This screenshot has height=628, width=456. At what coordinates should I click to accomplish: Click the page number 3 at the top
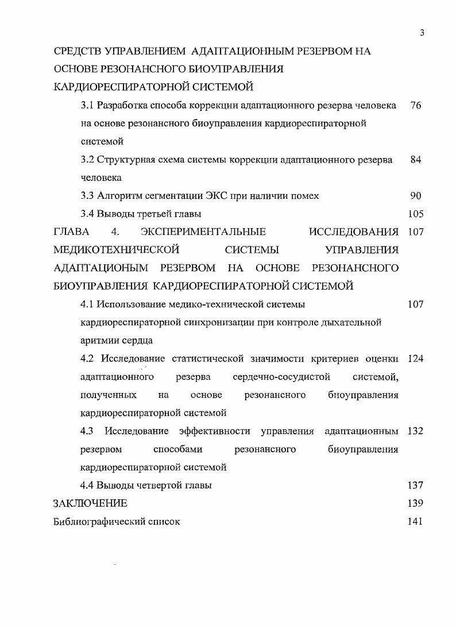coord(422,32)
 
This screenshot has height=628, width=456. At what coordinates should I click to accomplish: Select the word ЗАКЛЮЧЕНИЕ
coord(90,503)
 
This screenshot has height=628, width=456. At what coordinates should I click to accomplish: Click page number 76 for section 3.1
coord(416,106)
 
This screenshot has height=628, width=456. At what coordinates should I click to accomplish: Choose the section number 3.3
coord(87,196)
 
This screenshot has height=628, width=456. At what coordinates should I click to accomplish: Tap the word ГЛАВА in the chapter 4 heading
coord(71,232)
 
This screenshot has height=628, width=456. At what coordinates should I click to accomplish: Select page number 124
coord(415,359)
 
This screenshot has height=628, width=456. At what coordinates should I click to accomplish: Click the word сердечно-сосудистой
coord(282,377)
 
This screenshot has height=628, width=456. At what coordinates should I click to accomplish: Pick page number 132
coord(415,431)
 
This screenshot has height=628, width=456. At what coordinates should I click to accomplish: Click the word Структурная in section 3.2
coord(123,160)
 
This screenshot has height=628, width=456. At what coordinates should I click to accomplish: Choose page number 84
coord(416,160)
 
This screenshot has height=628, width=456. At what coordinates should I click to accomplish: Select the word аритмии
coord(99,341)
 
